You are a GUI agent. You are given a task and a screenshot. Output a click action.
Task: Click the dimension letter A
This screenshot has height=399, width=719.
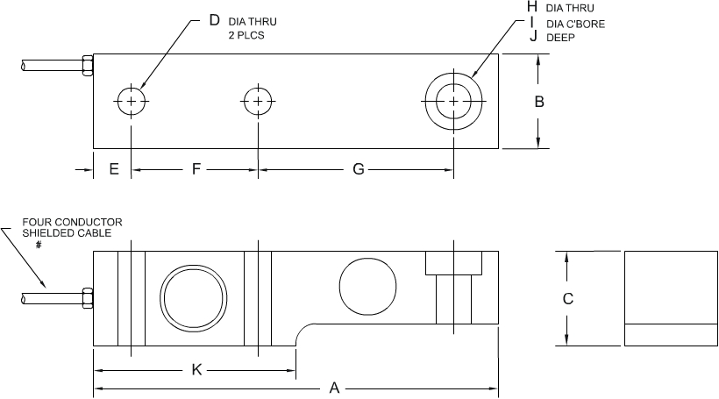click(x=334, y=388)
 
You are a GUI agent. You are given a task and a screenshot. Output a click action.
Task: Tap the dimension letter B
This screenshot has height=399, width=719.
click(x=540, y=102)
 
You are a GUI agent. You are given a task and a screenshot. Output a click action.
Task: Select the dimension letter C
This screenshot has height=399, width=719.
click(x=567, y=299)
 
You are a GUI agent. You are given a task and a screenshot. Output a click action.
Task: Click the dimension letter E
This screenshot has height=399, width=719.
click(x=114, y=169)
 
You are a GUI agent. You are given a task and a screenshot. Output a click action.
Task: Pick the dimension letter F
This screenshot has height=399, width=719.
click(x=196, y=169)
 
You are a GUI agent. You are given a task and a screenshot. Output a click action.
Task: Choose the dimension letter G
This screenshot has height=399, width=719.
click(x=358, y=169)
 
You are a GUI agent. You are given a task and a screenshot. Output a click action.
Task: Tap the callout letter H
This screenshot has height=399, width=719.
click(x=532, y=7)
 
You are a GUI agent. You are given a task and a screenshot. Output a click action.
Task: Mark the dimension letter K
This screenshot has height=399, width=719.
click(x=197, y=370)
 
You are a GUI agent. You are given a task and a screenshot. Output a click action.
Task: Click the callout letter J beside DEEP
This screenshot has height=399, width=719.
click(x=532, y=37)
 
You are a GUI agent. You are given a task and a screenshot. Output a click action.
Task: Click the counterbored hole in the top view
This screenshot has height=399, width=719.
click(x=452, y=102)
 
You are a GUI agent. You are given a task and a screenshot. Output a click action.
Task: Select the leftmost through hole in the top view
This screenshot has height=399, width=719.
click(x=131, y=102)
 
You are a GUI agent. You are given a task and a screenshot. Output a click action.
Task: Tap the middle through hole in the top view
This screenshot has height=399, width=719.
click(x=258, y=102)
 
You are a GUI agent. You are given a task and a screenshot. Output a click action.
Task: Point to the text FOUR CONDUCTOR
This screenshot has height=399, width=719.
click(x=73, y=222)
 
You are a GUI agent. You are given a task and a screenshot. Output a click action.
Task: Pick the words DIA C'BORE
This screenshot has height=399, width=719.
click(x=575, y=23)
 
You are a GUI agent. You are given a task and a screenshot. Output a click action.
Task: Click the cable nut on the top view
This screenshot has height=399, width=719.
click(x=87, y=66)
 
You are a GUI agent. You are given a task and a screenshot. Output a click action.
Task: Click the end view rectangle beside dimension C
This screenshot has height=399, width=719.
click(x=667, y=299)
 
